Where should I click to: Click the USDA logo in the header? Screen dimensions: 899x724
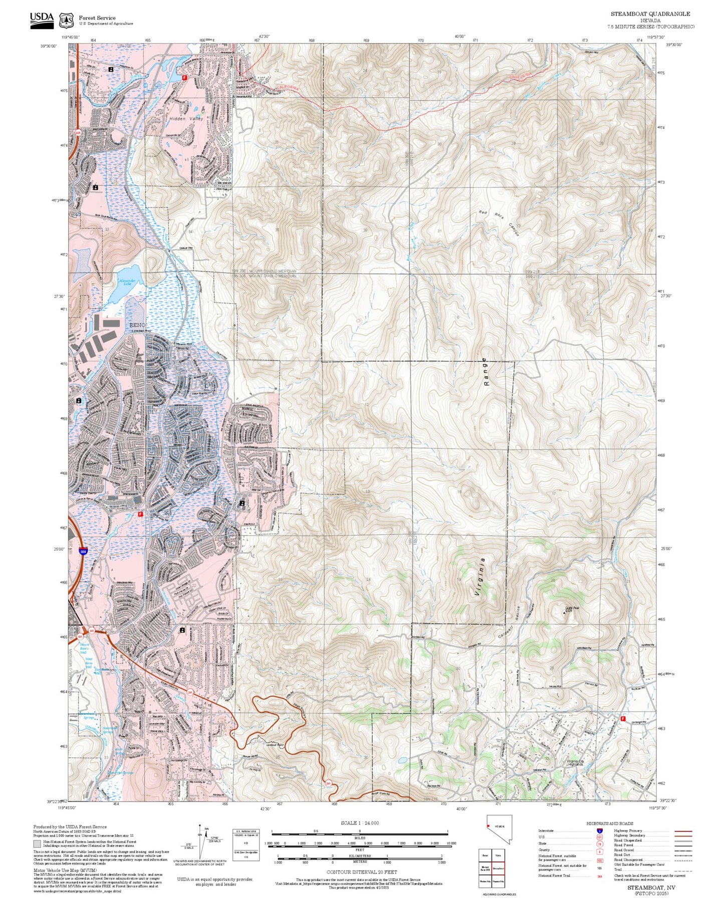pyautogui.click(x=42, y=20)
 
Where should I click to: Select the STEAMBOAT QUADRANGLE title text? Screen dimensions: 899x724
pyautogui.click(x=650, y=14)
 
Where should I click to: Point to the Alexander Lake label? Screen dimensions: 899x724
pyautogui.click(x=127, y=282)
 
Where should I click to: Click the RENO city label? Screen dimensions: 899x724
pyautogui.click(x=137, y=325)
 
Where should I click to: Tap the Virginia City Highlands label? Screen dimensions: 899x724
pyautogui.click(x=574, y=763)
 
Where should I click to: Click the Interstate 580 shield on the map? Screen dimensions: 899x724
pyautogui.click(x=83, y=552)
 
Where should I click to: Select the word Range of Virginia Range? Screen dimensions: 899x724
pyautogui.click(x=486, y=371)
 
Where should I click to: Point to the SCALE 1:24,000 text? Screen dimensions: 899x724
pyautogui.click(x=359, y=823)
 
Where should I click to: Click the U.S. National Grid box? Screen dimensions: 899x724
pyautogui.click(x=247, y=843)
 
